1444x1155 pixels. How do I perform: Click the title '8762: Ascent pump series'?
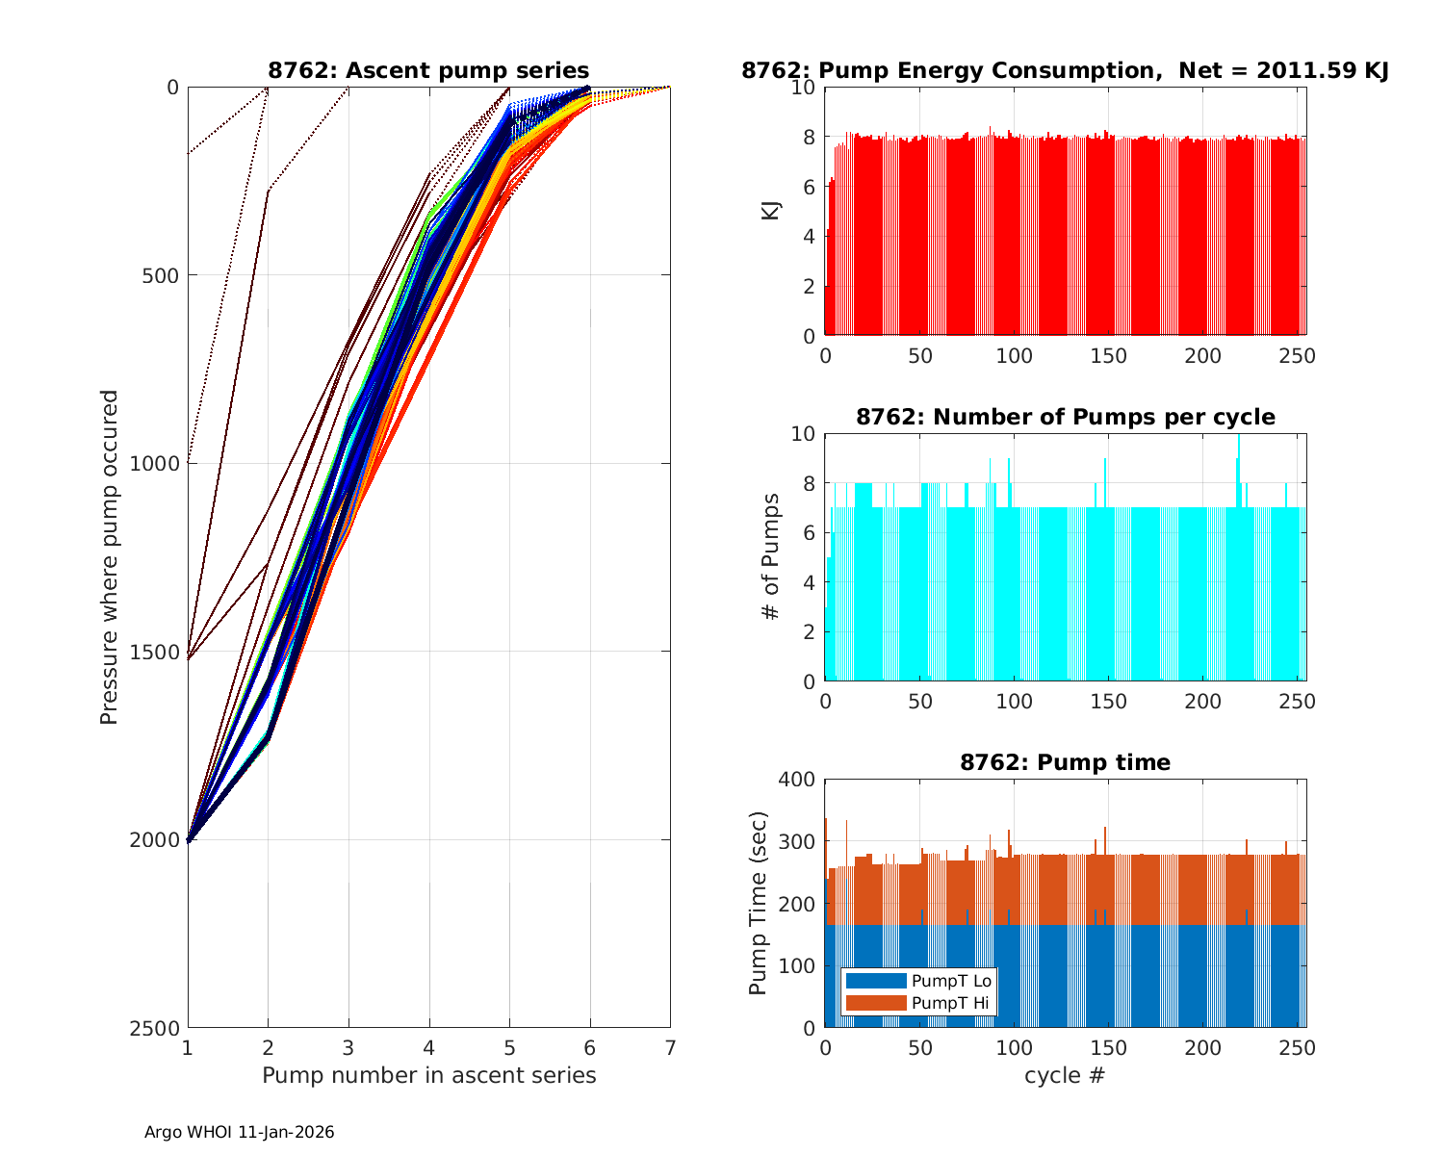click(428, 70)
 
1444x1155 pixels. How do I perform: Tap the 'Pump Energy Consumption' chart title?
click(1065, 70)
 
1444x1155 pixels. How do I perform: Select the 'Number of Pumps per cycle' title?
click(1065, 417)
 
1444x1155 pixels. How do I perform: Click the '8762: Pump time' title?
click(1065, 762)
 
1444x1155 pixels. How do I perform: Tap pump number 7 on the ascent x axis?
click(670, 1047)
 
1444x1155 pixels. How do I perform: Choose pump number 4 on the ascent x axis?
click(428, 1047)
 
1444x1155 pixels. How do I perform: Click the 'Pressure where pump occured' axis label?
click(110, 557)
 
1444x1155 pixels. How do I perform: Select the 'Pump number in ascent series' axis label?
click(428, 1075)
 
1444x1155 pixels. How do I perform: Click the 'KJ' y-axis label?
click(771, 211)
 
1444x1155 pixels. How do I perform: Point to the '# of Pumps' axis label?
click(771, 556)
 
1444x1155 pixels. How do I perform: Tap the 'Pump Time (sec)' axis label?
click(759, 904)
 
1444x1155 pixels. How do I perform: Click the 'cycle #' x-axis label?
click(1065, 1075)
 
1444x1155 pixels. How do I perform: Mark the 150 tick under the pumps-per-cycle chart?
click(1109, 702)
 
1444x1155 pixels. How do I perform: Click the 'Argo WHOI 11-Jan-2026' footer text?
click(240, 1133)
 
